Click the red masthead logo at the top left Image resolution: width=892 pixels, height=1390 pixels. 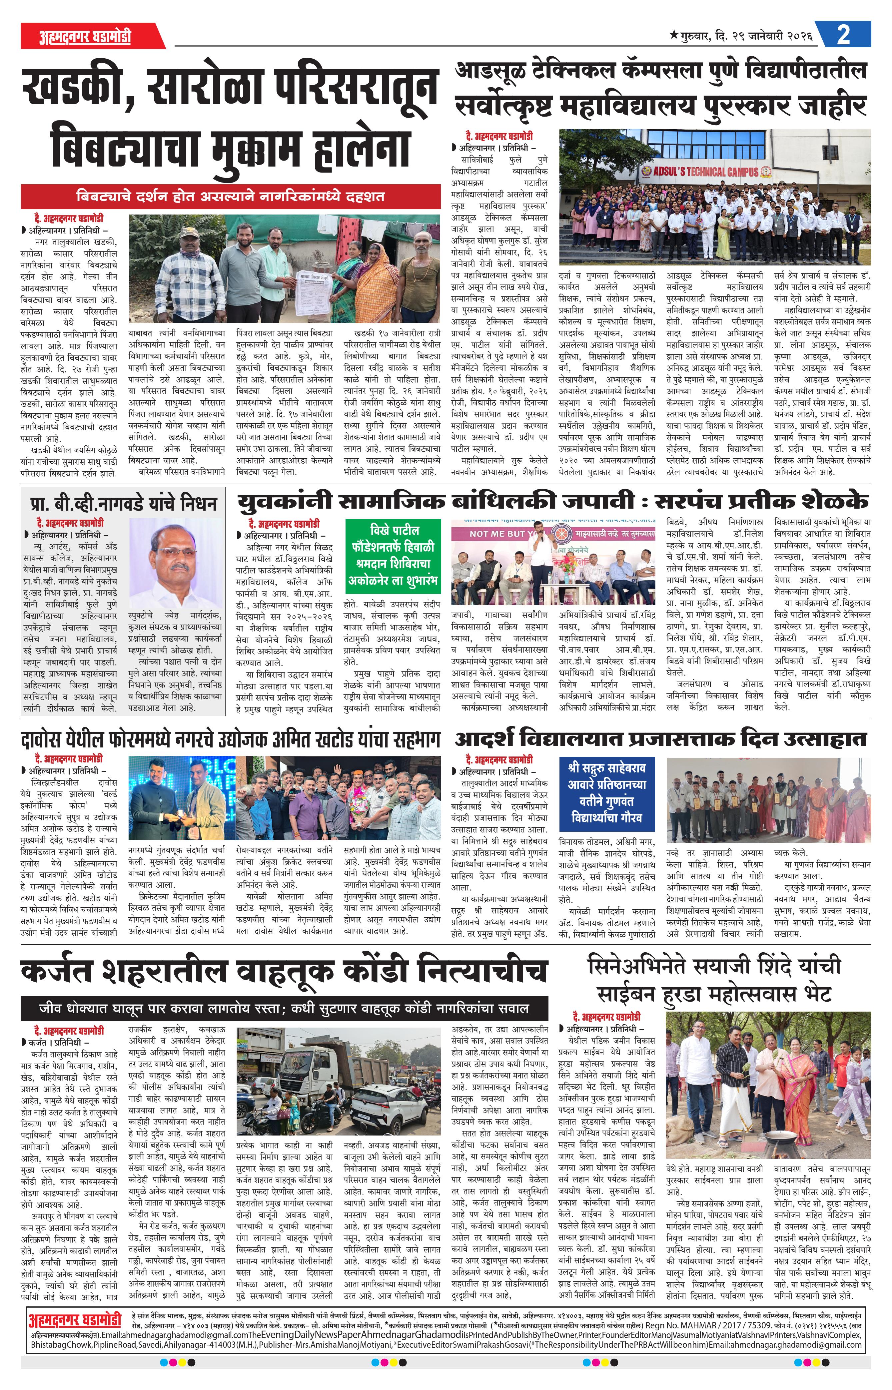click(x=86, y=36)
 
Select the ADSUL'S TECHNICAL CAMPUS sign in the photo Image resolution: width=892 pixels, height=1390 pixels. click(x=705, y=171)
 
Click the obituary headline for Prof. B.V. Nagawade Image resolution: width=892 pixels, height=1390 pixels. click(x=123, y=503)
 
